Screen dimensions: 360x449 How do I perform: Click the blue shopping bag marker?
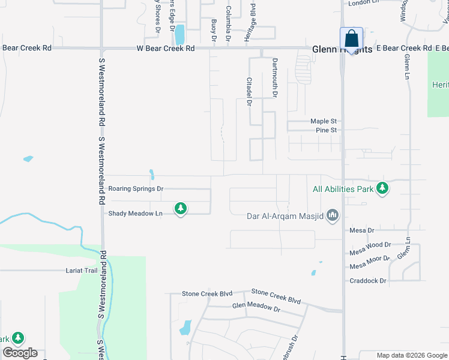[x=351, y=38]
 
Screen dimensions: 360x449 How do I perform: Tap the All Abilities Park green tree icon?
[x=382, y=189]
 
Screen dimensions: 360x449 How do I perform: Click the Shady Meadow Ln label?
[x=135, y=214]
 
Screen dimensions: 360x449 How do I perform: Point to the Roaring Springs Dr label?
[x=136, y=188]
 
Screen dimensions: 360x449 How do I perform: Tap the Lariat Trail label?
[x=82, y=271]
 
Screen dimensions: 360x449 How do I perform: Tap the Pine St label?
[x=326, y=130]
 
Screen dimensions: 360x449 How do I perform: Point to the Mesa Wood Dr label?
[x=370, y=245]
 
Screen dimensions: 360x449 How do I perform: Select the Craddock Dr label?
[x=368, y=280]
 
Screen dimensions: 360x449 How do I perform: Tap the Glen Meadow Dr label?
[x=256, y=307]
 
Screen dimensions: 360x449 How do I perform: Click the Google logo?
[x=20, y=353]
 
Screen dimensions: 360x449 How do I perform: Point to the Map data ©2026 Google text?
[x=411, y=356]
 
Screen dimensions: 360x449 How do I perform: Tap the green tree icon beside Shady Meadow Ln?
[x=180, y=209]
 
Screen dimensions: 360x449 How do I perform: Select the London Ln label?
[x=364, y=2]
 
